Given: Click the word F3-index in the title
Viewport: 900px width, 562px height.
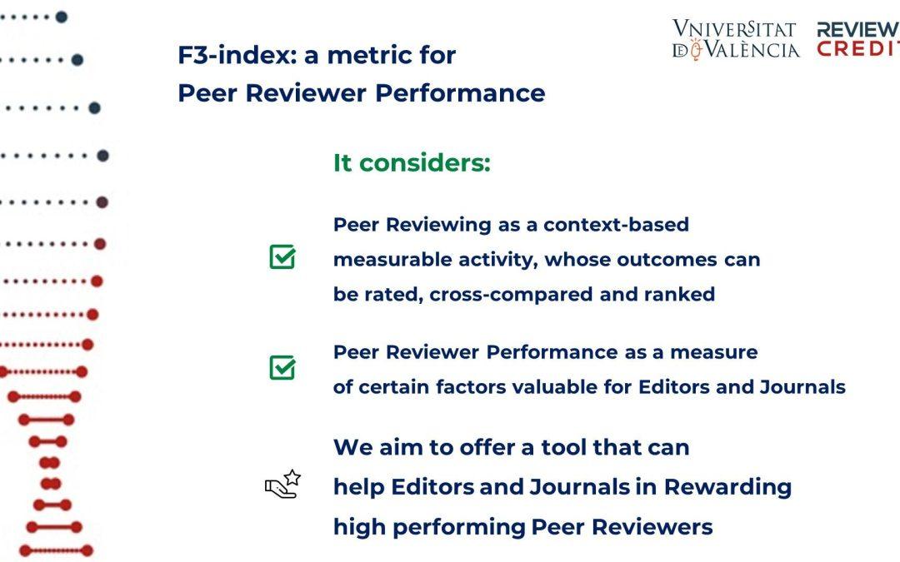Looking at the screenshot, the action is coord(237,56).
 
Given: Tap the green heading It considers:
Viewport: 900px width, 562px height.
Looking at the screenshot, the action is coord(412,163).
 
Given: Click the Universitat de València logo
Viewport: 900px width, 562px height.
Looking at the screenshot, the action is coord(736,39).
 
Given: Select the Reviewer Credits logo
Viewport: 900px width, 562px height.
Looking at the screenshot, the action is coord(858,39).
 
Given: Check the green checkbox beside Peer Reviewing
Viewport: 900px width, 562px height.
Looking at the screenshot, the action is coord(282,256).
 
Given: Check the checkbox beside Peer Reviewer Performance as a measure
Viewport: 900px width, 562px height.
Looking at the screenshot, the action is coord(282,367).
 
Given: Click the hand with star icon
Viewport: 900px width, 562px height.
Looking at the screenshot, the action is coord(283,484).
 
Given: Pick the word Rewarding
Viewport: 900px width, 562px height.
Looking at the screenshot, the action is coord(727,487).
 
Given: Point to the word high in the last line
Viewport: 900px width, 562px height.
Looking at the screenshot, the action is coord(359,527).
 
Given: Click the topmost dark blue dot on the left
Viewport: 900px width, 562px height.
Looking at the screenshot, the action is coord(62,17).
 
